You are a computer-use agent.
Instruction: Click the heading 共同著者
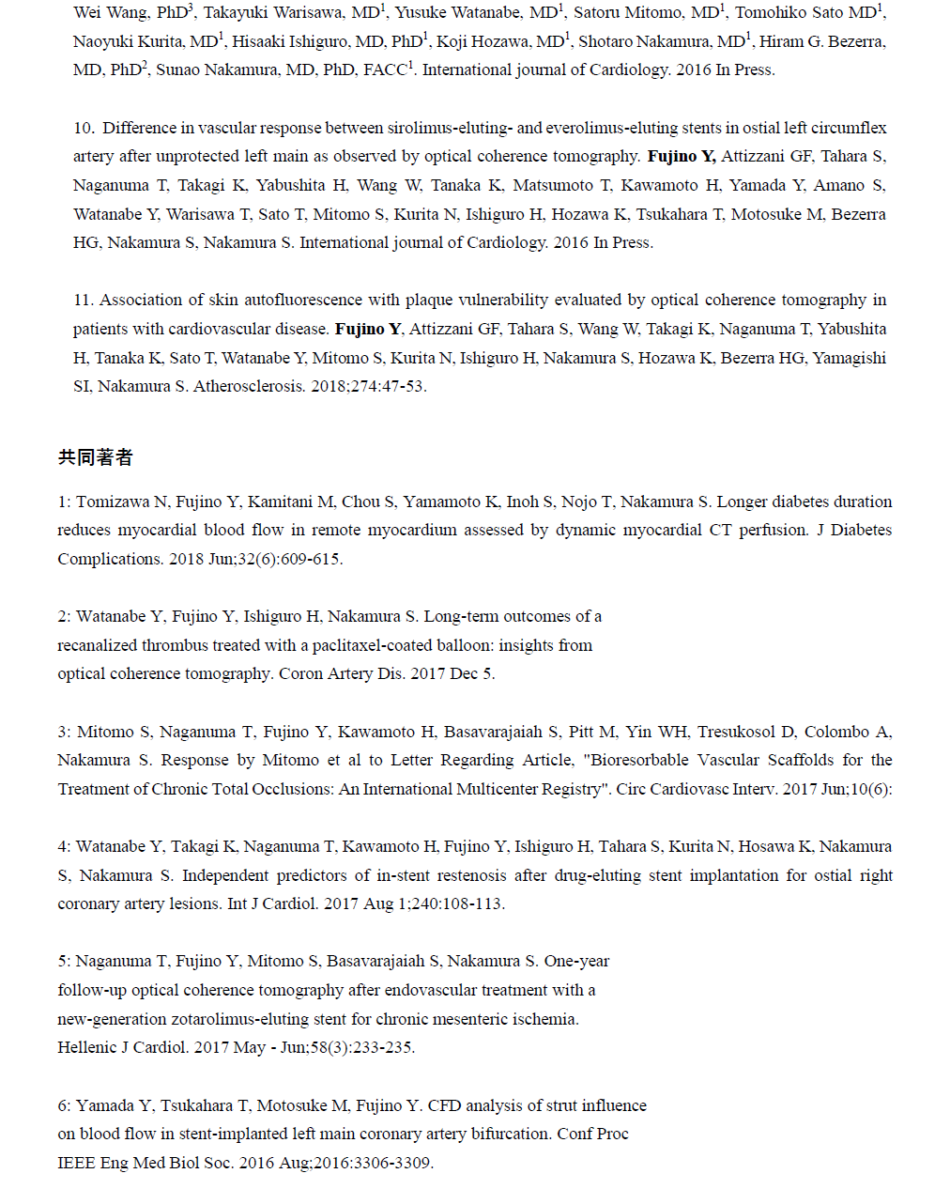[95, 457]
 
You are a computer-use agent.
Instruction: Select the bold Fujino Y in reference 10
[682, 156]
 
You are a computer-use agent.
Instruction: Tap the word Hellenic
[86, 1047]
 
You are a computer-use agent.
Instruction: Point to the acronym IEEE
[76, 1163]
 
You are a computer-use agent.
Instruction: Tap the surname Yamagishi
[850, 358]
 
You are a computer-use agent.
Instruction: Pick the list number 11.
[83, 300]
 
